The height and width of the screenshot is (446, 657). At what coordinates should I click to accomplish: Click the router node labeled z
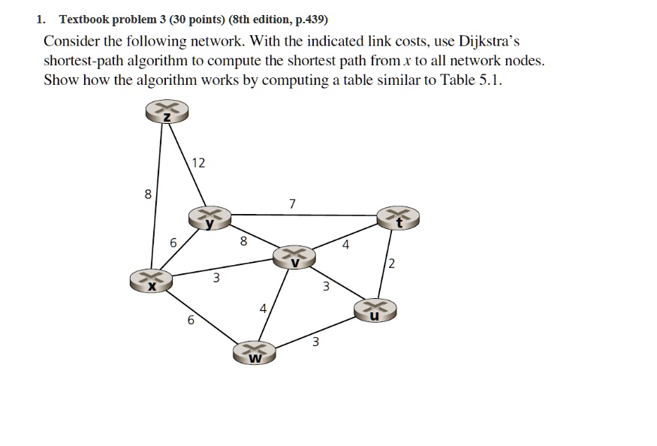pos(167,111)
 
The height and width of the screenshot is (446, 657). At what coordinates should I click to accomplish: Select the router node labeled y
pos(209,218)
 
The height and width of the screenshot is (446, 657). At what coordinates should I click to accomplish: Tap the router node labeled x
pos(151,280)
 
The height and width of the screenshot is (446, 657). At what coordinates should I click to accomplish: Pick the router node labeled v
pos(294,257)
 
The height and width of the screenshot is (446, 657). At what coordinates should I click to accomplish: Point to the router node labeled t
pos(398,218)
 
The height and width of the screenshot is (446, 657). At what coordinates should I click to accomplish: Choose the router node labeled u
pos(375,310)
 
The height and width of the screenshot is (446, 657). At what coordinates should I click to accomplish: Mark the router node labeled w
pos(255,353)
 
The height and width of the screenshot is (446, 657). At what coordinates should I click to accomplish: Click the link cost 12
pos(198,163)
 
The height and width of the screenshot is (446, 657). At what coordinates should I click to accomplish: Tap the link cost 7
pos(292,203)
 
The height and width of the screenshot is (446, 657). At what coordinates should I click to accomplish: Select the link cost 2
pos(392,264)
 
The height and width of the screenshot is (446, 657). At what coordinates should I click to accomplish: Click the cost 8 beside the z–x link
pos(148,194)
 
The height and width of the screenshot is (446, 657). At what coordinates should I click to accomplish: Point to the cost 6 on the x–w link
pos(191,321)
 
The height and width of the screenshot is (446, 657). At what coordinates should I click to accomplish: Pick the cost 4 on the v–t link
pos(345,244)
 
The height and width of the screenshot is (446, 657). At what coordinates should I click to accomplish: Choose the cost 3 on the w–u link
pos(315,342)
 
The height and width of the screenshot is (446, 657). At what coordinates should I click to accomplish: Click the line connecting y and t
pos(304,215)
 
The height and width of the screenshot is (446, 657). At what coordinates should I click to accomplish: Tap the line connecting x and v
pos(222,267)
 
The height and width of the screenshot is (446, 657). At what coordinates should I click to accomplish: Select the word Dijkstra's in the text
pos(489,41)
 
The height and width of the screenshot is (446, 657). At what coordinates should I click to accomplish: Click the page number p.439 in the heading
pos(312,20)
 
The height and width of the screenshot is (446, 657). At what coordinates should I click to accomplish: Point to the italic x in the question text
pos(405,62)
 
